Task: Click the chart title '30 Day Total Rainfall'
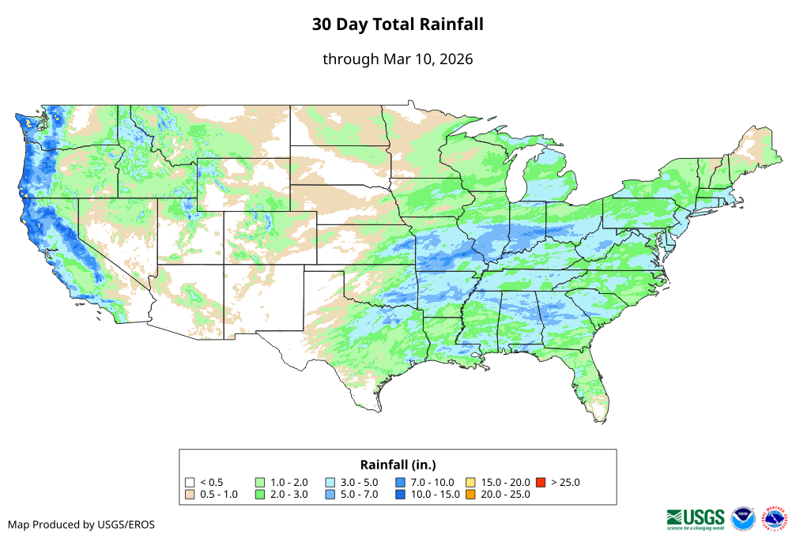(x=398, y=24)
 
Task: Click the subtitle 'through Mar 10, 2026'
(x=398, y=59)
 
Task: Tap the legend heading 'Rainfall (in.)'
(x=398, y=464)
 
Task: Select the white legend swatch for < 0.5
(x=190, y=482)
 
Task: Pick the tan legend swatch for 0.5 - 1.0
(x=190, y=495)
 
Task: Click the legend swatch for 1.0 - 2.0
(x=260, y=482)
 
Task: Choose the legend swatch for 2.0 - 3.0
(x=260, y=495)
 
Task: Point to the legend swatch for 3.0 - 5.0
(x=330, y=482)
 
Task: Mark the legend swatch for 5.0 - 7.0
(x=330, y=495)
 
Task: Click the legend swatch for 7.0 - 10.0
(x=400, y=482)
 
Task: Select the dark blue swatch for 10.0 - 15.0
(x=400, y=495)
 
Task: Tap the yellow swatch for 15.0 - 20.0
(x=470, y=482)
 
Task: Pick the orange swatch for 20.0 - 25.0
(x=470, y=495)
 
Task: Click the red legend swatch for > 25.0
(x=541, y=482)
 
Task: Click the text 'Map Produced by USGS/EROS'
(x=81, y=525)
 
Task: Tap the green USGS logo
(x=696, y=518)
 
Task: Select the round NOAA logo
(x=743, y=518)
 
